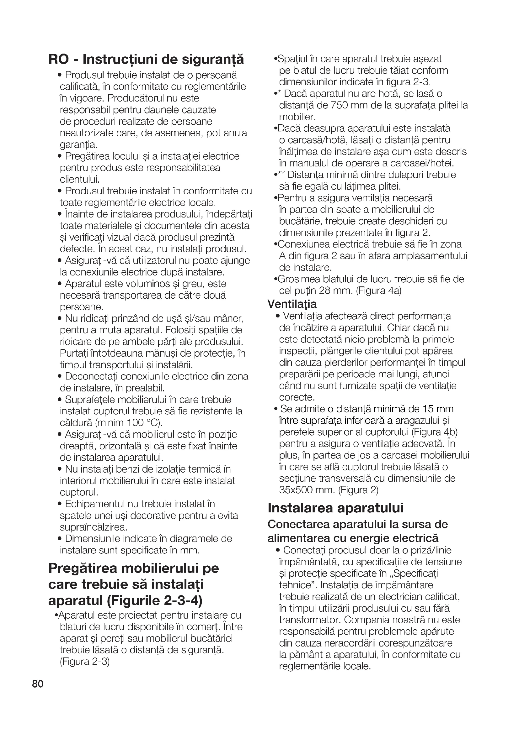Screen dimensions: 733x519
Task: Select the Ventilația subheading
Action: coord(292,304)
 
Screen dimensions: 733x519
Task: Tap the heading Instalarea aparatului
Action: coord(335,508)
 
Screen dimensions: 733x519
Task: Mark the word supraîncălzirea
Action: coord(94,527)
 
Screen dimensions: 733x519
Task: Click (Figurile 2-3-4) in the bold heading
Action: coord(155,601)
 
